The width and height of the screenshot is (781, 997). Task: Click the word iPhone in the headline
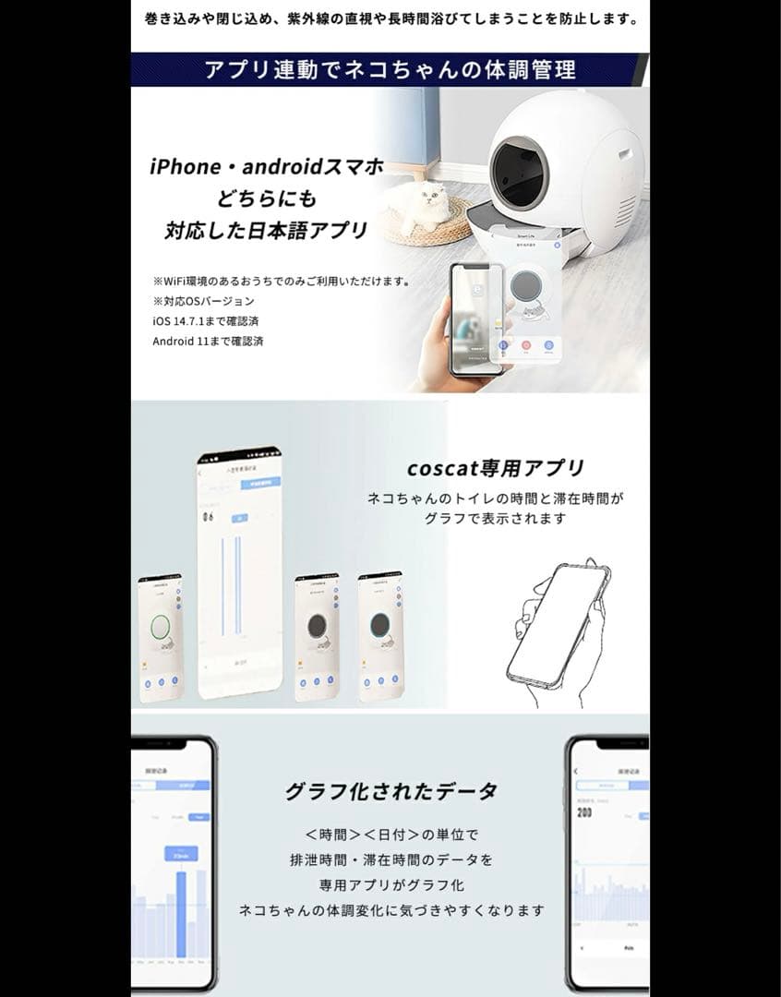(185, 168)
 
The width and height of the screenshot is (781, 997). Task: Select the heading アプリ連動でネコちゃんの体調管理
(390, 70)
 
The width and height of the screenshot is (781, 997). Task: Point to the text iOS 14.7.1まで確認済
(207, 320)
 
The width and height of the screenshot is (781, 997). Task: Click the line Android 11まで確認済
(208, 341)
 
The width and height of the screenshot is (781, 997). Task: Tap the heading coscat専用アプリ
(495, 468)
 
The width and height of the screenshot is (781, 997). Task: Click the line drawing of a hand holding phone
(558, 623)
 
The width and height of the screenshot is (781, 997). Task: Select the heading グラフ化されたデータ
(390, 791)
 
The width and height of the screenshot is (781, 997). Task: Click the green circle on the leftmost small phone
(161, 626)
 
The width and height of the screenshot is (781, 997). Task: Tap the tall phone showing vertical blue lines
(238, 572)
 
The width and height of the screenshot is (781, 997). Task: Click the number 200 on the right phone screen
(583, 813)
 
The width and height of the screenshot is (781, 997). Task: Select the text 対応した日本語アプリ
(266, 230)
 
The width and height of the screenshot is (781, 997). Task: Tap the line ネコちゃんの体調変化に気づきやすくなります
(390, 910)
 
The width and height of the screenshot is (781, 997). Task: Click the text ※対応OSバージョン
(204, 301)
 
